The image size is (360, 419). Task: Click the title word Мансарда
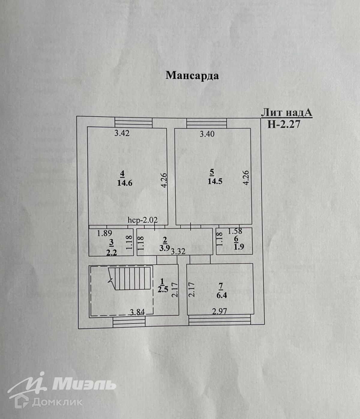[x=192, y=75]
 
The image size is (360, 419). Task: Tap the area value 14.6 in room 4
[x=125, y=183]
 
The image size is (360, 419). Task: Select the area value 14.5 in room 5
[x=215, y=181]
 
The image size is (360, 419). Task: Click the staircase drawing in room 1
[x=130, y=278]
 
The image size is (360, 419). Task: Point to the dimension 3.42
[x=122, y=133]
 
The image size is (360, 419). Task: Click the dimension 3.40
[x=207, y=134]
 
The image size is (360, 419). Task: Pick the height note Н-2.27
[x=283, y=124]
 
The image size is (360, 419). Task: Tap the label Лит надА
[x=286, y=113]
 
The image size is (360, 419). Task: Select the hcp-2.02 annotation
[x=142, y=220]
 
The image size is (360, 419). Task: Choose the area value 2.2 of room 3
[x=111, y=252]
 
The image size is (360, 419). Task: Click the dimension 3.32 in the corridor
[x=178, y=251]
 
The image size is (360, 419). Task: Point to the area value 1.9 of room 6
[x=238, y=247]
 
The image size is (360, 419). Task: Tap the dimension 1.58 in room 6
[x=235, y=231]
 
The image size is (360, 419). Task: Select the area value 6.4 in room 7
[x=221, y=295]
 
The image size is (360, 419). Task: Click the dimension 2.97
[x=220, y=311]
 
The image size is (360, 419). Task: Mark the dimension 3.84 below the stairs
[x=137, y=312]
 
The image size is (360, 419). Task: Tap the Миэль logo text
[x=84, y=384]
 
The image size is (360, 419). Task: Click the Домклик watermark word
[x=57, y=402]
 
